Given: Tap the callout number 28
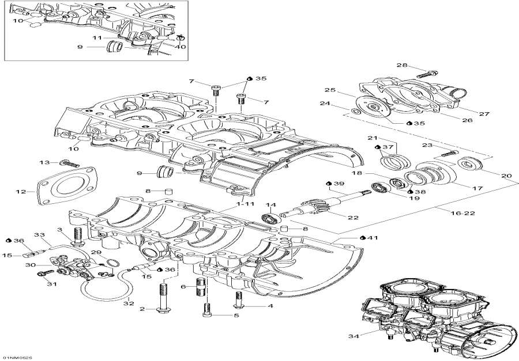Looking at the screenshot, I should [x=401, y=66].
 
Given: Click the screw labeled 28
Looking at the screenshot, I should [x=425, y=74].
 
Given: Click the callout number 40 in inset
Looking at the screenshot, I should [x=181, y=47].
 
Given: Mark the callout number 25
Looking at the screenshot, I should [x=329, y=90].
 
